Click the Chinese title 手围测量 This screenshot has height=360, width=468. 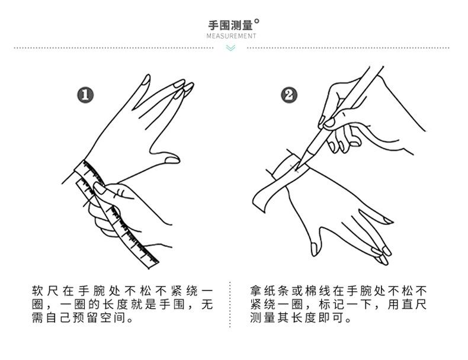click(x=230, y=25)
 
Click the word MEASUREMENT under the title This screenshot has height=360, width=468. click(x=231, y=36)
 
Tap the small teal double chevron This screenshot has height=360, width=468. click(x=230, y=48)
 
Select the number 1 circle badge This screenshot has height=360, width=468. click(x=85, y=95)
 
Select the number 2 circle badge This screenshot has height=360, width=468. click(x=289, y=95)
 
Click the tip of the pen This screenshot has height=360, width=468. click(x=297, y=169)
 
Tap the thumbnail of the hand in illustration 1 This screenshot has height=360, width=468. click(x=172, y=160)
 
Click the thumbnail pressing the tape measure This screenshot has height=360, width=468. click(x=99, y=188)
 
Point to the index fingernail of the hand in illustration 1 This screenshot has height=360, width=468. click(x=146, y=80)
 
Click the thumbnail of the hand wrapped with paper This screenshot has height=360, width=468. click(x=314, y=249)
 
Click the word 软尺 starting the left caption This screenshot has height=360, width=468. click(x=45, y=291)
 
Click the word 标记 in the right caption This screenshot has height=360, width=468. click(x=331, y=304)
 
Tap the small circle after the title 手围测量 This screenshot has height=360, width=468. click(x=257, y=21)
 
